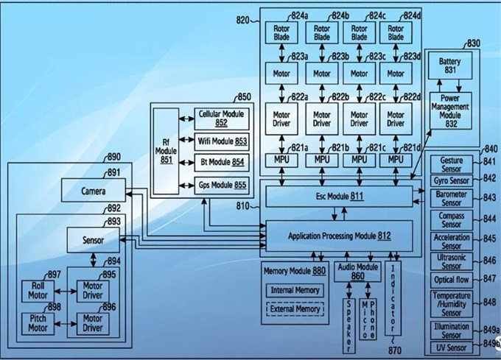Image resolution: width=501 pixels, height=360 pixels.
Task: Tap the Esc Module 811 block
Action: click(x=339, y=196)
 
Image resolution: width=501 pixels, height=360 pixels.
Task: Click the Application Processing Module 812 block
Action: click(x=338, y=236)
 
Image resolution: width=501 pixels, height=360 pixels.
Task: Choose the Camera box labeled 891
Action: click(x=93, y=192)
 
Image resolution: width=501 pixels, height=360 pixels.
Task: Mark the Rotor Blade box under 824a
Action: click(x=282, y=32)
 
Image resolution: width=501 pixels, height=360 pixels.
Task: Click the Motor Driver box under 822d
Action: click(x=396, y=119)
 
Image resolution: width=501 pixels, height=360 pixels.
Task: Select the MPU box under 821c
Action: click(x=359, y=159)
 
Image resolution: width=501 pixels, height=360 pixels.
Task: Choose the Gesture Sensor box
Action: click(x=451, y=164)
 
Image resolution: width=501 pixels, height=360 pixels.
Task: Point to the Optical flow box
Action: click(x=451, y=280)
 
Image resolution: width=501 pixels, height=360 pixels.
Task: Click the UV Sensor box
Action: click(x=451, y=347)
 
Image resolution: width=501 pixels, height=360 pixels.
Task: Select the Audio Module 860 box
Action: click(x=357, y=271)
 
